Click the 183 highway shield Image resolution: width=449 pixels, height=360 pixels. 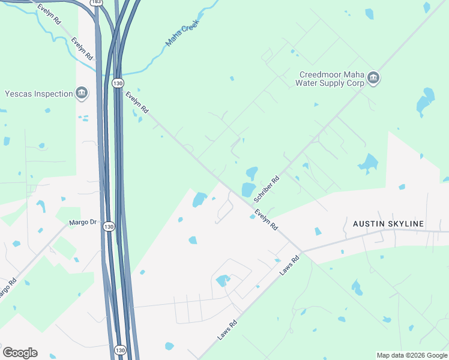coord(97,3)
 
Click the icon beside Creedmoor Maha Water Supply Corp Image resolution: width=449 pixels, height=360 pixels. coord(373,79)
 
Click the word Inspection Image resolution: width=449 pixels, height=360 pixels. coord(52,94)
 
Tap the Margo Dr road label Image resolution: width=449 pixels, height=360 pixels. coord(83,223)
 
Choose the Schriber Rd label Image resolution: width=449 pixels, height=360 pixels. coord(267,188)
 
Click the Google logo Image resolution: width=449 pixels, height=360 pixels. coord(20,352)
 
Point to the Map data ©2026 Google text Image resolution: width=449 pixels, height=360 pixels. coord(412,355)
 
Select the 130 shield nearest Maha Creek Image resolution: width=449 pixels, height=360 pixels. coord(118,83)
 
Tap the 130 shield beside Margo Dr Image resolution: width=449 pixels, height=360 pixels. coord(108,226)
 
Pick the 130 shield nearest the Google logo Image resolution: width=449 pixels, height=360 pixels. coord(120,350)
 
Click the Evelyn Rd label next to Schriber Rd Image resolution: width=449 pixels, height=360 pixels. coord(266,220)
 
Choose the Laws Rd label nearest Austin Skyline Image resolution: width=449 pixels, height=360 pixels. coord(289,264)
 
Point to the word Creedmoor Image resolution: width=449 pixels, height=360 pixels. coord(320,74)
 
